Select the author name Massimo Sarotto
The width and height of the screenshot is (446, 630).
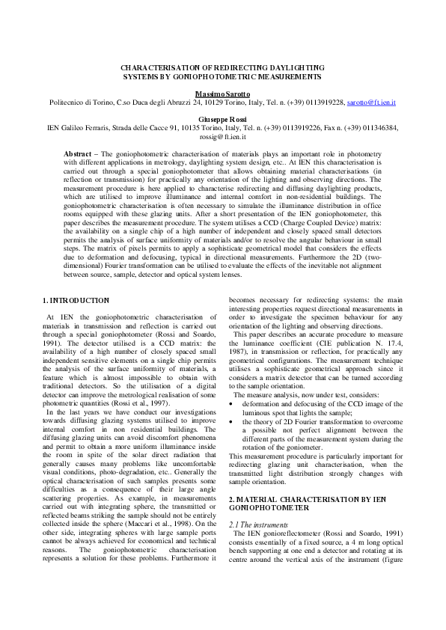pos(222,92)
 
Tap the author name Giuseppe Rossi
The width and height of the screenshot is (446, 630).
pos(222,118)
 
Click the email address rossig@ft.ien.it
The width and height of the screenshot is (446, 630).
pos(222,137)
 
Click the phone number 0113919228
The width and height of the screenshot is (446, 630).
pos(323,102)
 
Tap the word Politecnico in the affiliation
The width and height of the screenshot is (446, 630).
pos(67,102)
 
